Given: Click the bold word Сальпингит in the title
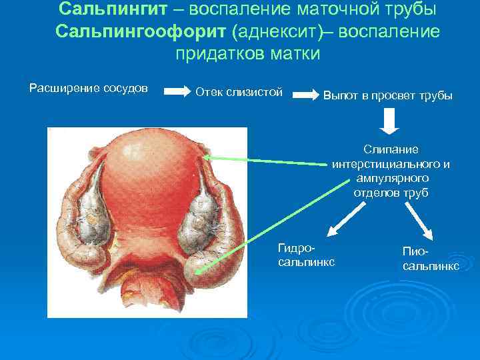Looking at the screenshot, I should (111, 11).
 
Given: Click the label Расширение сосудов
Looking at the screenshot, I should (89, 89).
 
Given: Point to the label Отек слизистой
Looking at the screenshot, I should (239, 91).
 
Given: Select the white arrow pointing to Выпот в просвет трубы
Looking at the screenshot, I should (306, 95).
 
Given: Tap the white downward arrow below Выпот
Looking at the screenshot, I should (390, 121).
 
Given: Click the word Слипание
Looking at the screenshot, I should (391, 149).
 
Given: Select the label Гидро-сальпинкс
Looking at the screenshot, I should (306, 255).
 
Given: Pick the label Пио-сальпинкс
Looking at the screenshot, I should (430, 258).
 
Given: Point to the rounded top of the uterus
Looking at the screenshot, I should (150, 150).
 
